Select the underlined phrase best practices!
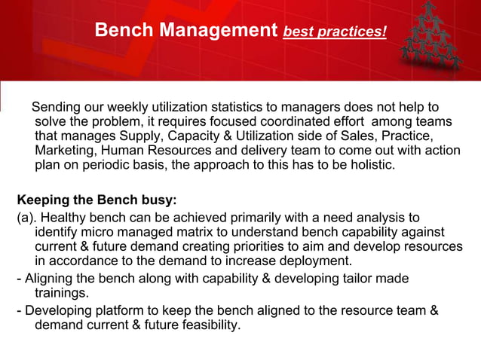pos(335,33)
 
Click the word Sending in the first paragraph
pos(57,107)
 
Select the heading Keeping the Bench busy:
pos(97,200)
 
